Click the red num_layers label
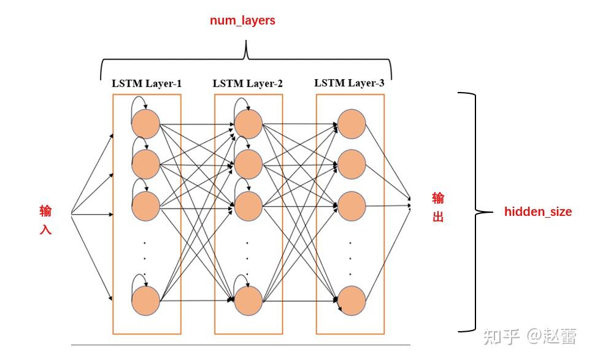(x=242, y=21)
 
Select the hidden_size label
(x=537, y=212)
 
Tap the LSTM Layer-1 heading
(x=147, y=83)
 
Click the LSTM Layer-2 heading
(x=248, y=83)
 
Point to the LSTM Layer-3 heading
(x=349, y=83)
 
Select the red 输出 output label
(x=438, y=207)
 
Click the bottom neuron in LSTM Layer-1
(x=146, y=301)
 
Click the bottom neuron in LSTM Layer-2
(x=248, y=301)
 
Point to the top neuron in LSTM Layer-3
(x=352, y=124)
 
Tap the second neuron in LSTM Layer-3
(x=352, y=164)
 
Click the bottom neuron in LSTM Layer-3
(x=352, y=301)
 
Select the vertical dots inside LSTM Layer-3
(x=350, y=258)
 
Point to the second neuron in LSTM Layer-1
(x=146, y=164)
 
